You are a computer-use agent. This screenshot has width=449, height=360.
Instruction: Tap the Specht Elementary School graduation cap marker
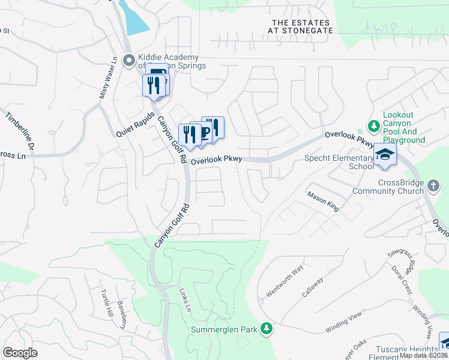coord(384,155)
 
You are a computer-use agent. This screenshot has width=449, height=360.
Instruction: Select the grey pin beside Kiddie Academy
coord(128,60)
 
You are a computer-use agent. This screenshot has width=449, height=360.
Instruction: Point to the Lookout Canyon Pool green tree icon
coord(374,126)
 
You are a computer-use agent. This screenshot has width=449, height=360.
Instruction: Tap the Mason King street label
coord(323,202)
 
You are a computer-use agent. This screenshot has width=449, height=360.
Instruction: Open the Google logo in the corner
coord(20,352)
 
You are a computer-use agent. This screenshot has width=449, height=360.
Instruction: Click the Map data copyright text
coord(423,355)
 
